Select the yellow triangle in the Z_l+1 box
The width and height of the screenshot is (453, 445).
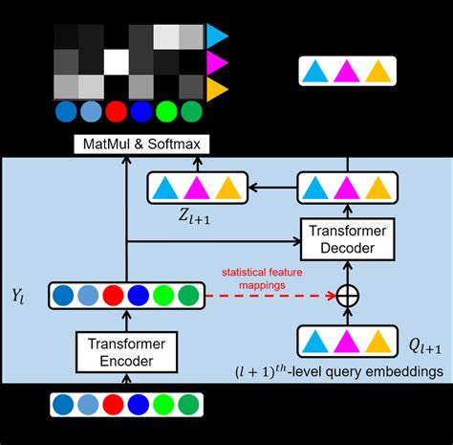(x=227, y=189)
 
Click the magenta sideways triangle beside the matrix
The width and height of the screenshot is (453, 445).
(x=217, y=63)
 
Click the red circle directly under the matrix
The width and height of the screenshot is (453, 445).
(x=116, y=112)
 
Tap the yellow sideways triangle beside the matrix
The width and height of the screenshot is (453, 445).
(x=217, y=89)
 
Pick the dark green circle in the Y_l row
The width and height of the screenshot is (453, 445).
(x=188, y=295)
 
